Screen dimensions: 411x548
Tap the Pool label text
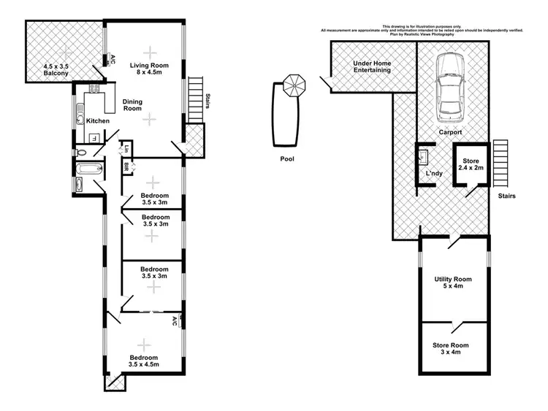286,158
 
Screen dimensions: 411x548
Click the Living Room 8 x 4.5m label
150,69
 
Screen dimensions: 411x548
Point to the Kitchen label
98,120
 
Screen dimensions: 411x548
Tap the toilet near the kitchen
82,153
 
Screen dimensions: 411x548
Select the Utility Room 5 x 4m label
453,283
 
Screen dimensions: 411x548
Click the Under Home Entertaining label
372,67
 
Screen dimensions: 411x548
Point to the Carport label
450,133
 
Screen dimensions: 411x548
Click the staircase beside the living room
194,100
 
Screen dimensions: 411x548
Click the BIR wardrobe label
126,167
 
